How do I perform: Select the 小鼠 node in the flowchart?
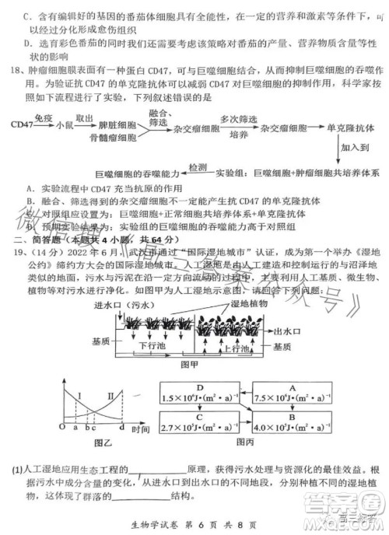click(x=65, y=124)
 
